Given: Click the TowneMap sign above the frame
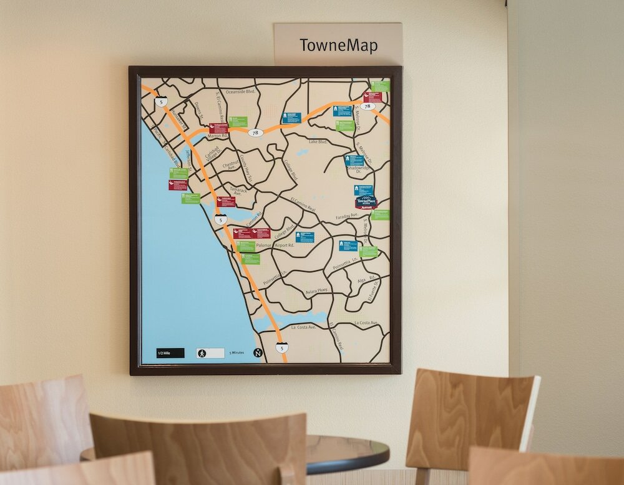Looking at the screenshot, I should pos(338,46).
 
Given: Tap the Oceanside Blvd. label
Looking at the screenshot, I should pos(241,91).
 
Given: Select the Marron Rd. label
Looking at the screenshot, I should pos(218,136).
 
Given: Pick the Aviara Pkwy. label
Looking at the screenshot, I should pos(317,291).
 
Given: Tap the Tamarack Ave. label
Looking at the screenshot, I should pos(238,191).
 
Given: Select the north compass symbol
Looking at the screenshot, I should pos(257,353).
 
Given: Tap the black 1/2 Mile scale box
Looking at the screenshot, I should pos(170,353).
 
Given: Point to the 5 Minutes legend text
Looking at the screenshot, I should pos(237,353).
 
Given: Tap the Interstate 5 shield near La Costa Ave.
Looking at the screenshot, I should pos(282,347).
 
